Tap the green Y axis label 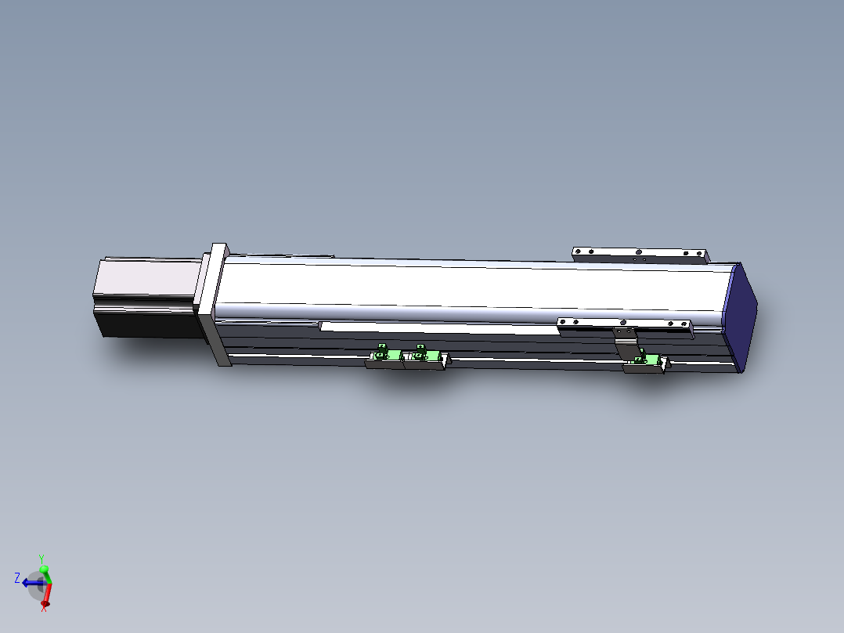(x=41, y=557)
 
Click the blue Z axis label (x=17, y=578)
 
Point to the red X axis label (x=44, y=609)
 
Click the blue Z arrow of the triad (x=31, y=583)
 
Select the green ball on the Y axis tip (x=44, y=569)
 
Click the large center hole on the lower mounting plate (x=623, y=322)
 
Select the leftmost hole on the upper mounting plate (x=578, y=251)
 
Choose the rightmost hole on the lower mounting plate (x=683, y=324)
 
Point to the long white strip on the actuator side (x=438, y=328)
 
